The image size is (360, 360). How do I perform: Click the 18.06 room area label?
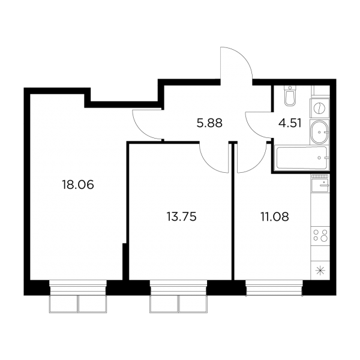click(78, 185)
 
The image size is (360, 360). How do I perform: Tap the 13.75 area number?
click(181, 217)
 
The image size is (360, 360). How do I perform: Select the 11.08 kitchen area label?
click(275, 217)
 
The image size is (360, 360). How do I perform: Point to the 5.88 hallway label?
click(209, 123)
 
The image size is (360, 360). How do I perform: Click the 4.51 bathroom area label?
click(290, 123)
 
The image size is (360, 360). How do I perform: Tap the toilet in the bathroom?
click(290, 96)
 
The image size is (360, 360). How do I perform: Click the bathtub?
click(302, 158)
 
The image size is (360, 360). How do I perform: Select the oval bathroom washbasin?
click(319, 132)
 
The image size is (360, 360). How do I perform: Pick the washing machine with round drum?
click(319, 108)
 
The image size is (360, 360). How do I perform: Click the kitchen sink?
click(320, 185)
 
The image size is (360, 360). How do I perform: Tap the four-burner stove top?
click(320, 235)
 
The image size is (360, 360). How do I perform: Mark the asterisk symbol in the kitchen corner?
click(320, 271)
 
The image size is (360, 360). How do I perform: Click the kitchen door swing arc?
click(259, 164)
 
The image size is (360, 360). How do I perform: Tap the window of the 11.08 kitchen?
click(274, 287)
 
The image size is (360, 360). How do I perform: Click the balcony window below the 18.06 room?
click(78, 296)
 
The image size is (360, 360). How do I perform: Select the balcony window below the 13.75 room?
click(178, 296)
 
